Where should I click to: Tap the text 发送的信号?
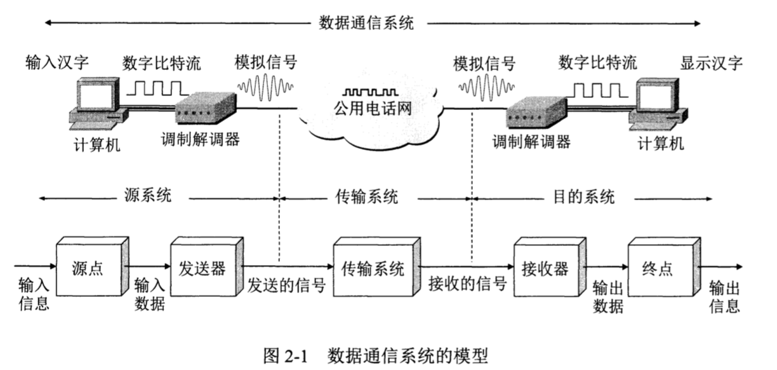click(286, 285)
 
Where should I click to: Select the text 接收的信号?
click(467, 285)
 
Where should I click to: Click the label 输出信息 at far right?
click(724, 296)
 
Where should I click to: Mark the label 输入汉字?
click(57, 62)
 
